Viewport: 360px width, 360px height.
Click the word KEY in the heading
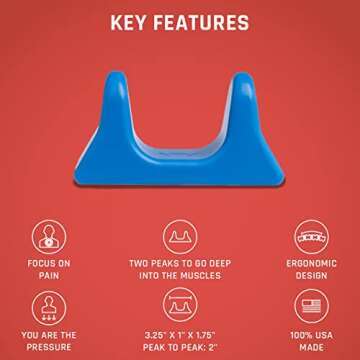click(x=130, y=21)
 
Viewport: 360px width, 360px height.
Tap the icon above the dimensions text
click(x=180, y=305)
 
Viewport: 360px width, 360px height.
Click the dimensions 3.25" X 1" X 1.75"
click(x=180, y=338)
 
